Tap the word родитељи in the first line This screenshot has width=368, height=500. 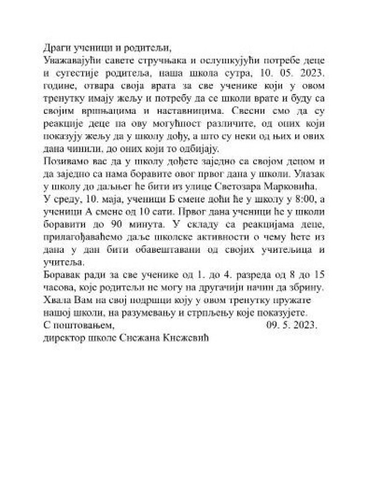click(149, 48)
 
